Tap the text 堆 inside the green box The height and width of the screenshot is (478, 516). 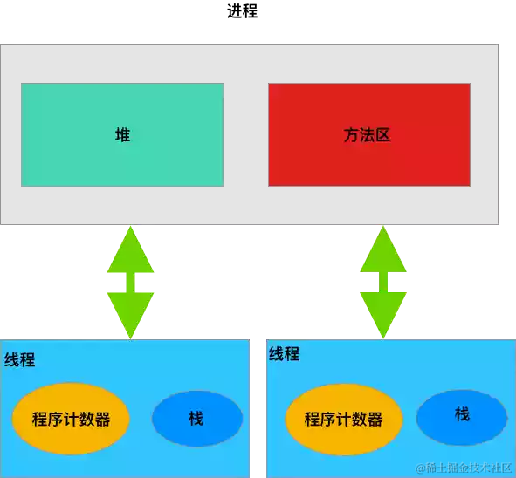(x=123, y=135)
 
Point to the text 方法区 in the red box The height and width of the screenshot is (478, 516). (x=367, y=135)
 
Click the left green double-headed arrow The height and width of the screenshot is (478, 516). (x=130, y=283)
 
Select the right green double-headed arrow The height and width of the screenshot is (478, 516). (x=383, y=283)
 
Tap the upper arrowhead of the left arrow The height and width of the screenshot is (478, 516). (x=130, y=251)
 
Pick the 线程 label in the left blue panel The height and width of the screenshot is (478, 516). (x=20, y=360)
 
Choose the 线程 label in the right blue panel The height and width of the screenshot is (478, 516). (x=284, y=354)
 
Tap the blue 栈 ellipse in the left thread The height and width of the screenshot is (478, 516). (x=196, y=419)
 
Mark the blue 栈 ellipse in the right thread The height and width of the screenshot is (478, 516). (x=462, y=414)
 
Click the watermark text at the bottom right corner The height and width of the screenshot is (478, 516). (x=463, y=468)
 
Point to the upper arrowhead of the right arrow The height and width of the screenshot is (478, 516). (x=383, y=251)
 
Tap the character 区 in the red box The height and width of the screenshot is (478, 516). (x=382, y=135)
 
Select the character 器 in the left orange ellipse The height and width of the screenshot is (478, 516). (x=103, y=420)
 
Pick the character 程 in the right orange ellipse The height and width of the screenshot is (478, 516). (x=313, y=420)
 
